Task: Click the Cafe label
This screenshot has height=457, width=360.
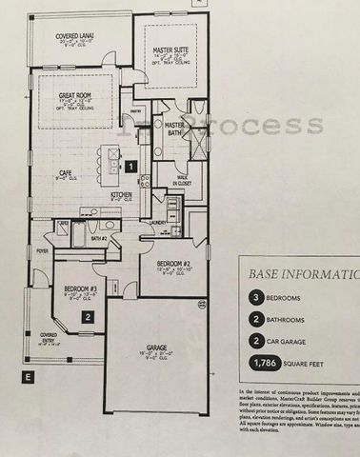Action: tap(67, 173)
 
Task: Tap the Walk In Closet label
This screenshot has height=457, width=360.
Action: tap(178, 178)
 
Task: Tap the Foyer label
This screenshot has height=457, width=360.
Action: tap(42, 251)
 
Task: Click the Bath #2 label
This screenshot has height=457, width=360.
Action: tap(96, 238)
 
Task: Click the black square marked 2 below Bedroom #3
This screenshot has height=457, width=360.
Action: tap(87, 318)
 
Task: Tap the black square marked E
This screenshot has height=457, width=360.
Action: tap(29, 377)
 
